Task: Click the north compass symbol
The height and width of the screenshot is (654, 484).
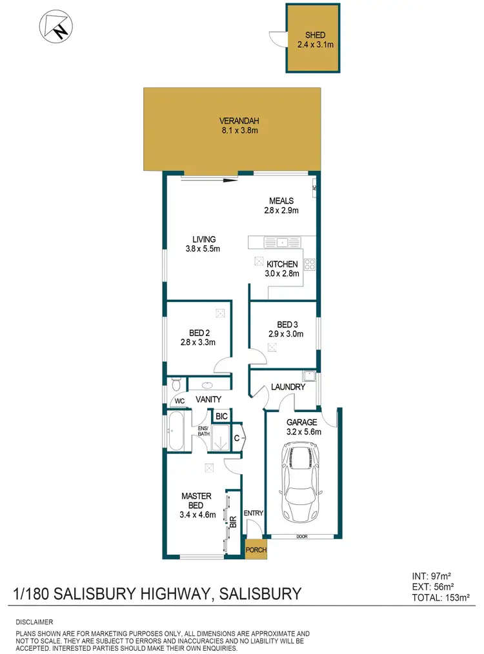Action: [x=54, y=26]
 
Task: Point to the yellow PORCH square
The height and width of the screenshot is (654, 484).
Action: [x=256, y=549]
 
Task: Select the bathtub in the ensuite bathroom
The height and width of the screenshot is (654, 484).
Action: [x=176, y=431]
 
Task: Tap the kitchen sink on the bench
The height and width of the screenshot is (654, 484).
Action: [x=282, y=243]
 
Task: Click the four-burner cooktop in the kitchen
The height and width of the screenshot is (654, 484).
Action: [x=309, y=263]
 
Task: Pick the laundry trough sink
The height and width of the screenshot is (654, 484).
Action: [x=308, y=376]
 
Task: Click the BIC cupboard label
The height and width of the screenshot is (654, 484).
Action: [x=221, y=417]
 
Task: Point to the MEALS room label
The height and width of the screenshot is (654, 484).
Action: [x=281, y=200]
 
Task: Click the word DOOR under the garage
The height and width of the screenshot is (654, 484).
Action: [x=301, y=536]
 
